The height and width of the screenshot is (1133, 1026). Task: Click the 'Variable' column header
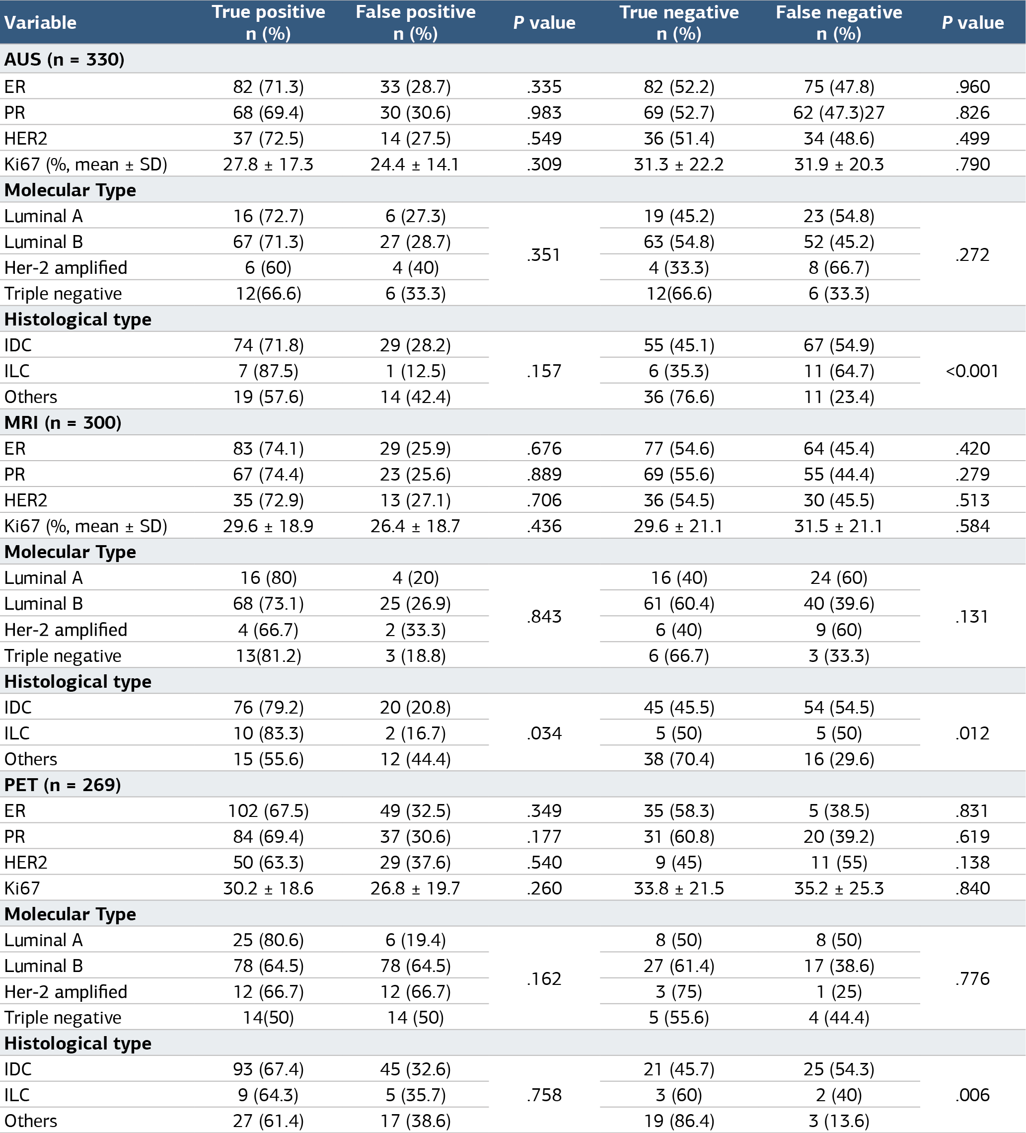[x=40, y=22]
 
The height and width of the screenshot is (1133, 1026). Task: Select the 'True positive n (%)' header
[x=269, y=22]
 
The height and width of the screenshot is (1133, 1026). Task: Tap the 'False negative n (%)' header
[x=839, y=22]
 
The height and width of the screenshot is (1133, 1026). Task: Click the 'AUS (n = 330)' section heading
[x=65, y=59]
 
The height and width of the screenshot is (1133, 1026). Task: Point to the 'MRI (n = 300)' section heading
[x=63, y=422]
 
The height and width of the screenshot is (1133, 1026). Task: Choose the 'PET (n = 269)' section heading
[x=63, y=785]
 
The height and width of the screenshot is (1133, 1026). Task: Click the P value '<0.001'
[x=972, y=371]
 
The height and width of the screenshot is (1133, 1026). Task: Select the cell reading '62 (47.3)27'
[x=839, y=112]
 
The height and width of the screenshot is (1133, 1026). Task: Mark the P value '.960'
[x=973, y=86]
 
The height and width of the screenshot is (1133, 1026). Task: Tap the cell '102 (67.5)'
[x=269, y=810]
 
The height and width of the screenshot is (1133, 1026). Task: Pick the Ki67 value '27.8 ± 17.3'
[x=269, y=164]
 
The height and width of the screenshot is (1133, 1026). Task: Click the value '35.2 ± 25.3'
[x=839, y=888]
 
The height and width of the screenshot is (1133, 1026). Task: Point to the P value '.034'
[x=544, y=733]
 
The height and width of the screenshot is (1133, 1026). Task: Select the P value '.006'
[x=973, y=1095]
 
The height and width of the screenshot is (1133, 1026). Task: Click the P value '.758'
[x=544, y=1095]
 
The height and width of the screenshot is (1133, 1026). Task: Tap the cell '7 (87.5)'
[x=269, y=371]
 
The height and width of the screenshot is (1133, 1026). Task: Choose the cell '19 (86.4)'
[x=679, y=1121]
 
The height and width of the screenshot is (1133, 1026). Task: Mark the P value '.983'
[x=544, y=112]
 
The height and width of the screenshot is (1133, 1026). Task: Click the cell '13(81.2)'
[x=269, y=655]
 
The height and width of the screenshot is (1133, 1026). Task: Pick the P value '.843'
[x=544, y=617]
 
